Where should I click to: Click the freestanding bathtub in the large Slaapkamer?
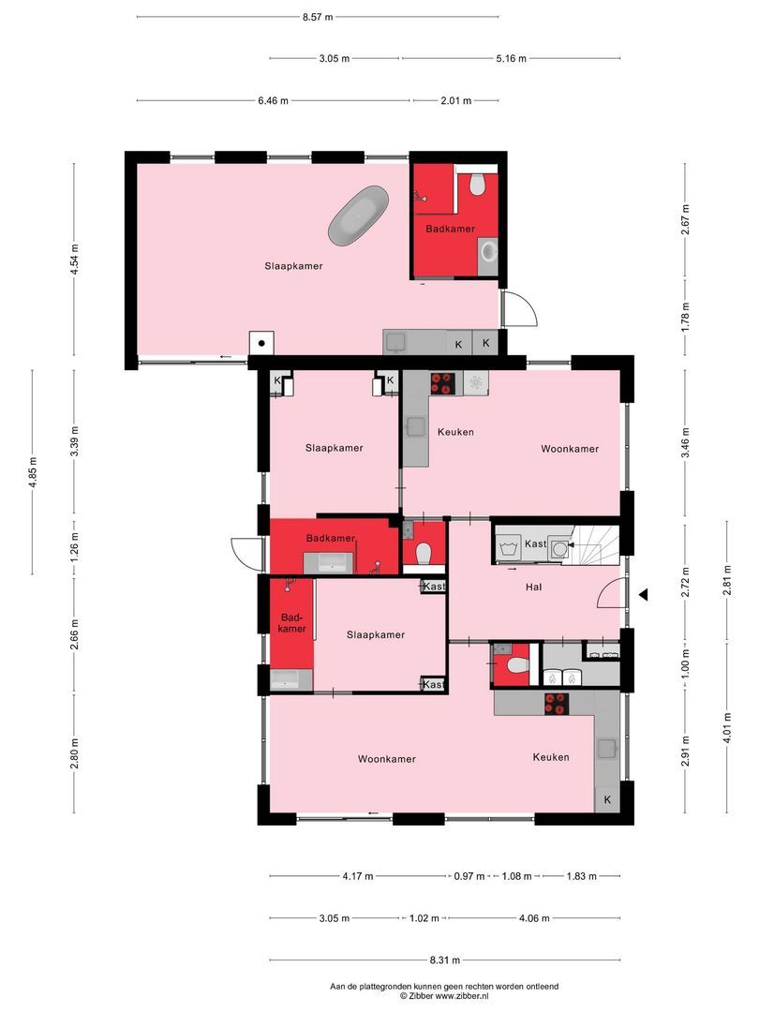(358, 216)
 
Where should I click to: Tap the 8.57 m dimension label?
(317, 17)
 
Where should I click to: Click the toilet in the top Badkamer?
(478, 184)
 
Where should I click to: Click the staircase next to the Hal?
(598, 545)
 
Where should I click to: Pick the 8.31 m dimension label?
(444, 960)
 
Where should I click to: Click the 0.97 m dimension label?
(469, 876)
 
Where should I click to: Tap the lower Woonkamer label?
(386, 759)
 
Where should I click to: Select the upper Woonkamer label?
(569, 449)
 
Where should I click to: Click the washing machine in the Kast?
(558, 544)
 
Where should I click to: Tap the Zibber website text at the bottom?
(444, 996)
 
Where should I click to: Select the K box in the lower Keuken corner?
(607, 799)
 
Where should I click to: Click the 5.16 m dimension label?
(510, 58)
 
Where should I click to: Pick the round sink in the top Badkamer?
(488, 251)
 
